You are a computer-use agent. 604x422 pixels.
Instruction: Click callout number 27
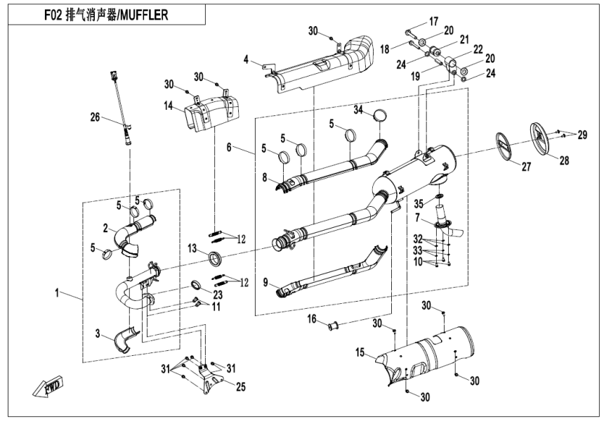pyautogui.click(x=525, y=167)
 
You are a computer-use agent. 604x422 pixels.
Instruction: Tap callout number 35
pyautogui.click(x=419, y=203)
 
